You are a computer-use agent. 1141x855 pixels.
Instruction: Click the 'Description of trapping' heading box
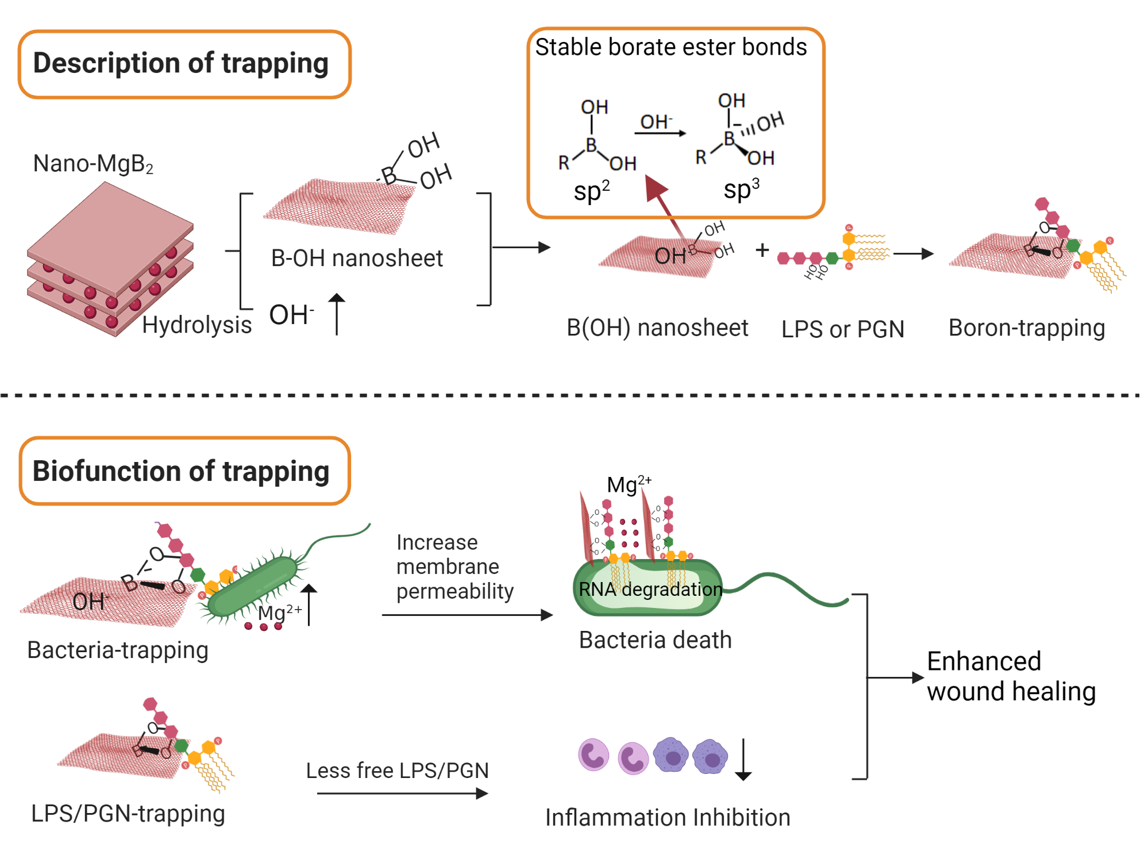point(184,64)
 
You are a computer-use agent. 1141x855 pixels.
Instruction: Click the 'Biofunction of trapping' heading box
point(184,471)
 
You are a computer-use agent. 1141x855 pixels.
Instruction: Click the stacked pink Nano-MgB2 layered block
point(109,259)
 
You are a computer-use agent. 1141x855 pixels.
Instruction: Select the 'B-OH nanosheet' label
point(357,259)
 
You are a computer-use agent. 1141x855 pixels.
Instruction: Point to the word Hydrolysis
point(196,325)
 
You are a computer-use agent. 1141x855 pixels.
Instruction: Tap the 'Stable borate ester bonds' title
point(670,47)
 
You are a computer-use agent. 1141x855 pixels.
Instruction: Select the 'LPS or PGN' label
point(843,329)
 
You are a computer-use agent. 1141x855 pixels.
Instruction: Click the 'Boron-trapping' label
point(1027,328)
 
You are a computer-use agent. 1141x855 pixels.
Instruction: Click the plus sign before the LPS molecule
point(762,250)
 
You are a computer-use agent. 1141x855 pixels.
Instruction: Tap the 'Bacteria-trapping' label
point(118,650)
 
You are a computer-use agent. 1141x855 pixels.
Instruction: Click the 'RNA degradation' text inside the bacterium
point(650,589)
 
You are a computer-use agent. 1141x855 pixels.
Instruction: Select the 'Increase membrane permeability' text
point(454,567)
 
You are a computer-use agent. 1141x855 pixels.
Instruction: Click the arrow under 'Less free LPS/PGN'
point(402,794)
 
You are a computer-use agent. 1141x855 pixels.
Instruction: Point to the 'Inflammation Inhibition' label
point(668,818)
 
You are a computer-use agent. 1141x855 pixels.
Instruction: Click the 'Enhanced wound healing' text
point(1011,676)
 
